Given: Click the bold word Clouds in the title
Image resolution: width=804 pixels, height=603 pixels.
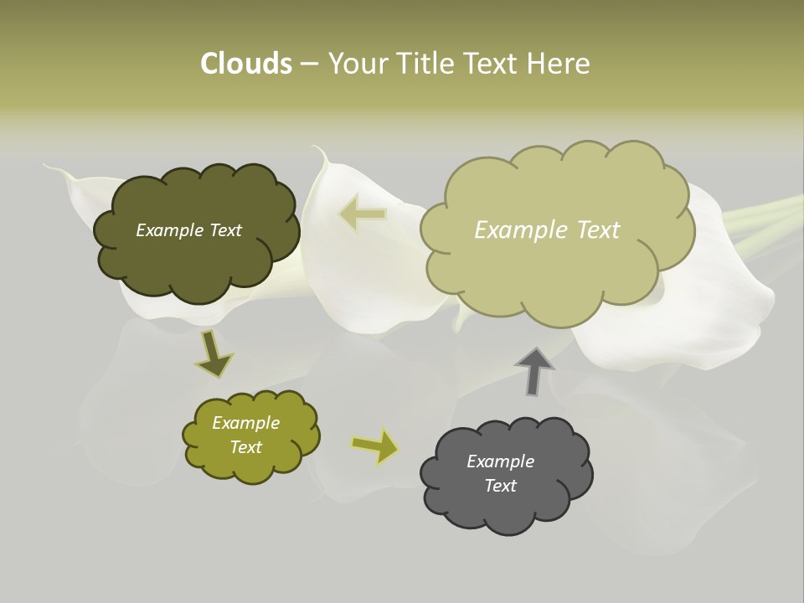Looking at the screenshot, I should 245,64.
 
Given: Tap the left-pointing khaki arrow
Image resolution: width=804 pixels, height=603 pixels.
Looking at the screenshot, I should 363,213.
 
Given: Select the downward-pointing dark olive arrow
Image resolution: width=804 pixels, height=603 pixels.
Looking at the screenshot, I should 214,355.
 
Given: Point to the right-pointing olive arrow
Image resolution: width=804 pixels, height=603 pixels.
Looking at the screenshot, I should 375,446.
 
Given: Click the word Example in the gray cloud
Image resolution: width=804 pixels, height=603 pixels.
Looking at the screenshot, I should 500,461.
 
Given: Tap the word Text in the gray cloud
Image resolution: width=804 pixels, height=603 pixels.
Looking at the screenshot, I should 500,486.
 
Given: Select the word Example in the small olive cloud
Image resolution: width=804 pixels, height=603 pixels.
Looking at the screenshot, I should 245,423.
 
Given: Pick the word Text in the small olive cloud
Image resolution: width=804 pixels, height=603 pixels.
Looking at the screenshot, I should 245,447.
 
